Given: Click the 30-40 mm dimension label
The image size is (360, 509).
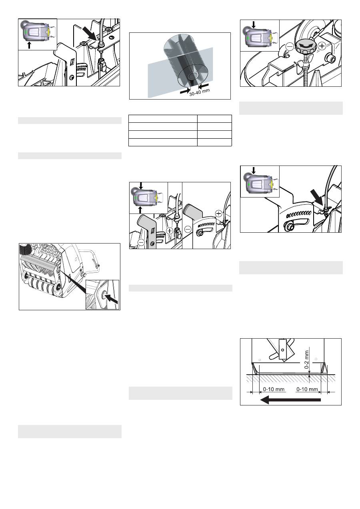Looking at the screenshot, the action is click(200, 92).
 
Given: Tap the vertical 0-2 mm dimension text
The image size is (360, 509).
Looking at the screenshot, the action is click(306, 359).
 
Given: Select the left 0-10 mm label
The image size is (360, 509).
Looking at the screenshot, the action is click(274, 389).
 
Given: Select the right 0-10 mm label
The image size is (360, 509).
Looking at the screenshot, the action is click(307, 389).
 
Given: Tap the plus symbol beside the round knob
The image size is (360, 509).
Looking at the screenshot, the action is click(322, 46).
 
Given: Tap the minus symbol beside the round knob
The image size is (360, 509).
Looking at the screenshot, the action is click(290, 47).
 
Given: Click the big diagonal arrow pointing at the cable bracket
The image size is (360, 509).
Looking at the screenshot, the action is click(90, 33).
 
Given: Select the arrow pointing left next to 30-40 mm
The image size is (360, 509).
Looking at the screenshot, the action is click(203, 86).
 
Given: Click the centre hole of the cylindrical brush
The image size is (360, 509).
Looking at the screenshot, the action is click(193, 76).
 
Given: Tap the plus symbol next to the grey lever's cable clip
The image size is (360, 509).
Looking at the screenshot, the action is click(170, 231).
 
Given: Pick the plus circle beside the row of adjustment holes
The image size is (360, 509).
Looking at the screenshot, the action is click(218, 214).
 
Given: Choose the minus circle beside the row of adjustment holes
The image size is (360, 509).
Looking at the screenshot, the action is click(188, 230).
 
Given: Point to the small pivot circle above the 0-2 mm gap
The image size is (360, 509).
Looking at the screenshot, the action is click(282, 350).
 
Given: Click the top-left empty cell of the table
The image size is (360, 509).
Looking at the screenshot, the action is click(163, 119).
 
